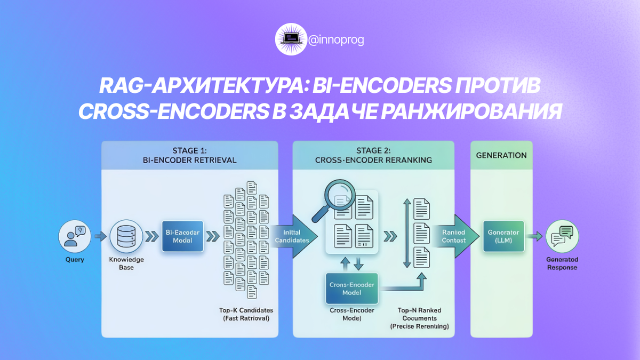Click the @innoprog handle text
point(336,39)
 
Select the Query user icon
point(74,235)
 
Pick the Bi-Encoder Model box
point(182,236)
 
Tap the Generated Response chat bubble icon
point(562,236)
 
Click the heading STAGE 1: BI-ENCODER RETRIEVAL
point(189,155)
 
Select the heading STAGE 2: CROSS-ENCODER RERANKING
point(373,155)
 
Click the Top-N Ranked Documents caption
point(419,318)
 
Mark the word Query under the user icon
point(74,260)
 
